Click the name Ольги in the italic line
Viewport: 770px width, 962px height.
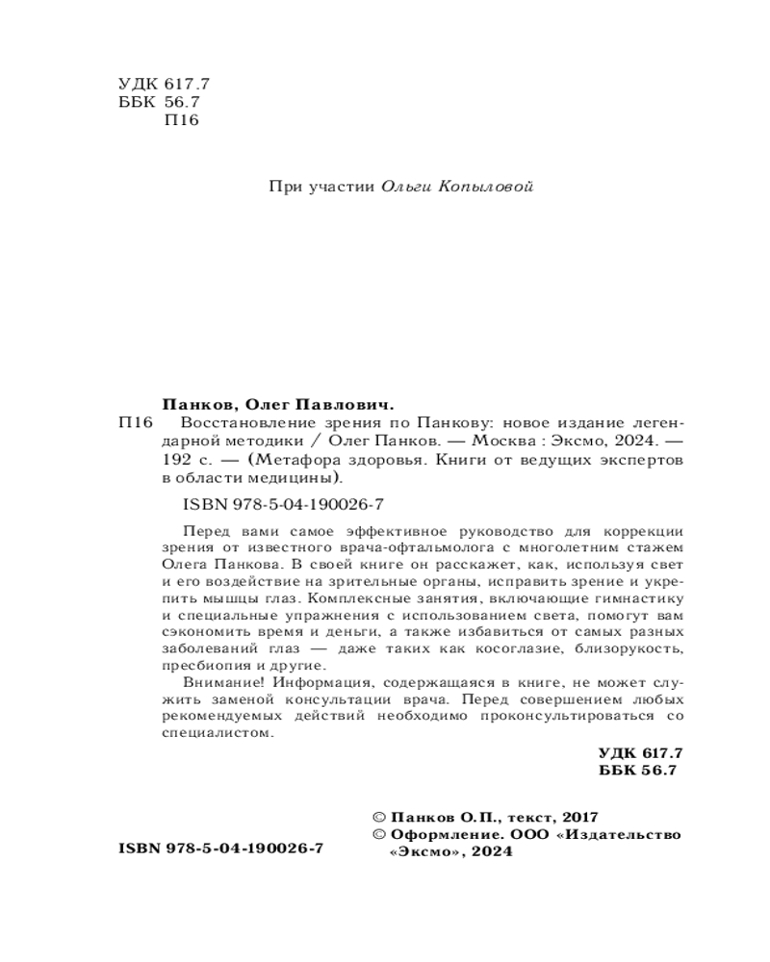[x=407, y=187]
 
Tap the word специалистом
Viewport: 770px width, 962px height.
[x=213, y=733]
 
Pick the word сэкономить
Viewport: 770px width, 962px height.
[x=199, y=634]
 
